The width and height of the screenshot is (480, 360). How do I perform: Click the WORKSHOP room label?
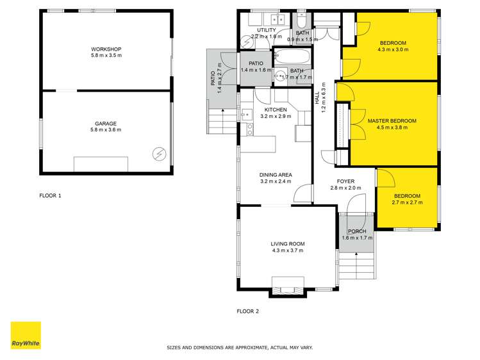(106, 49)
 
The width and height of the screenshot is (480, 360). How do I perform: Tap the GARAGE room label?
(106, 124)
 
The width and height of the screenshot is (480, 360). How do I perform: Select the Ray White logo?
(26, 335)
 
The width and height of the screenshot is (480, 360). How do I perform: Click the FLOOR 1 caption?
(51, 196)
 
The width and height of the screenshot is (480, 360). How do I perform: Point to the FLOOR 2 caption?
(248, 312)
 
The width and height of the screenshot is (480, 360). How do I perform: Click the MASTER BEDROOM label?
(392, 120)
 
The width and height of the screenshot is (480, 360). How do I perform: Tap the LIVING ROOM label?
(287, 244)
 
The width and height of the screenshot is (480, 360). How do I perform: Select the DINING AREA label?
(276, 175)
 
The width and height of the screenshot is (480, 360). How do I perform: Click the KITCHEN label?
(276, 110)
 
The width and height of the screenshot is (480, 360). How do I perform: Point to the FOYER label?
(345, 181)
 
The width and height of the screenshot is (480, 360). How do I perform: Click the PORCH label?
(357, 231)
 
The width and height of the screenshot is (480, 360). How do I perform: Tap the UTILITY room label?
(266, 30)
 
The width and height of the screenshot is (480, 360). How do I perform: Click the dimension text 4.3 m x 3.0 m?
(392, 50)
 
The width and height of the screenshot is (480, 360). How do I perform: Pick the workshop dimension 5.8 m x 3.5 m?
(106, 56)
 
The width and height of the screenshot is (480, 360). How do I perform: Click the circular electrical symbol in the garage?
(159, 154)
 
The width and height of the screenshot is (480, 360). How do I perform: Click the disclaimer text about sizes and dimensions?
(240, 347)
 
